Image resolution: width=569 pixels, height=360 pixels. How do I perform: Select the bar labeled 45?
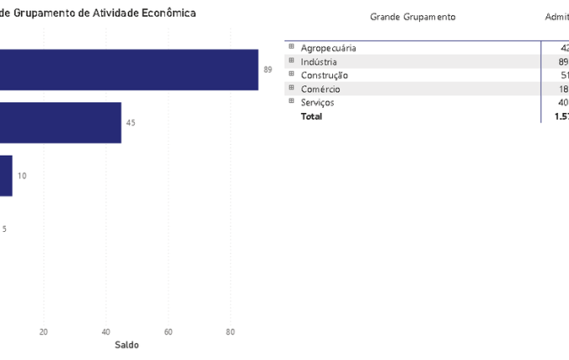60,123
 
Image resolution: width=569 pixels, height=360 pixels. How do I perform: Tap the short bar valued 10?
6,176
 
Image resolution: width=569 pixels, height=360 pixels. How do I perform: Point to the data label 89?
268,70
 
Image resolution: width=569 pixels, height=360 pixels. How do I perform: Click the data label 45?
131,123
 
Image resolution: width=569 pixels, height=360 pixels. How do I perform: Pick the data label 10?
22,176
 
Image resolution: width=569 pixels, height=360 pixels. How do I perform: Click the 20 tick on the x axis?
44,331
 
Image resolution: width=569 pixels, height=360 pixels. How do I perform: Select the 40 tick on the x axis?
105,331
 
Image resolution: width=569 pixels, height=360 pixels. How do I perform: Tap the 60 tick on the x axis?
168,331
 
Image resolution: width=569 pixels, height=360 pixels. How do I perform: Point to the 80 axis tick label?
230,331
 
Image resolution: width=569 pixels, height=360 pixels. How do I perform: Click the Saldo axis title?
127,345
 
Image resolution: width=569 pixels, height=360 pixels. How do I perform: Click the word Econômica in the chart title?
167,13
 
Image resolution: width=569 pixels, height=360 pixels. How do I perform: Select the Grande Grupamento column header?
413,17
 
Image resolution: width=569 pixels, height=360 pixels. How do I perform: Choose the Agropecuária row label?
328,48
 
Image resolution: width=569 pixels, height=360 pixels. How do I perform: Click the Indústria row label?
319,62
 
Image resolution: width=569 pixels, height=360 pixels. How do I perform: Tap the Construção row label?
324,75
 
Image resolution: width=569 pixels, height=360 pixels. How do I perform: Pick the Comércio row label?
320,89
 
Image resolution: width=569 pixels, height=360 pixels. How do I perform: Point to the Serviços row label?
317,102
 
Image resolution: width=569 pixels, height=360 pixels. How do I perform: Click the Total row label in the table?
311,116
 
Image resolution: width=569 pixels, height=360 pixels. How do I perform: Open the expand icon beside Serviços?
291,101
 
